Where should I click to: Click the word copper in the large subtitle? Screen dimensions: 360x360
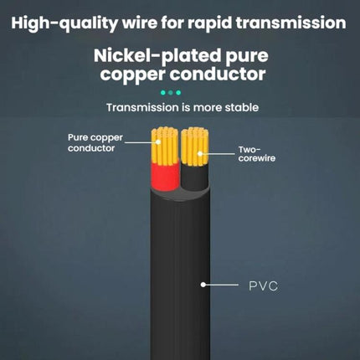click(133, 75)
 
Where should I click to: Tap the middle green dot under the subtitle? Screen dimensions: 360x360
click(171, 93)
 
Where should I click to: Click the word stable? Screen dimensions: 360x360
click(242, 107)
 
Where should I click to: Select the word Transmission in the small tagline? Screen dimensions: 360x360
click(142, 107)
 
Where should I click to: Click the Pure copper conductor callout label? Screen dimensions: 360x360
click(95, 143)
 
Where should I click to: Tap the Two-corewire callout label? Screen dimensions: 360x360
click(257, 154)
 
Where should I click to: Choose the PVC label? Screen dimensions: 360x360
click(263, 286)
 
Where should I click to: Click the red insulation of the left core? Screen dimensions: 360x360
click(165, 177)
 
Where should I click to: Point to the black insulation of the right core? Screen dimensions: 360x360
click(195, 177)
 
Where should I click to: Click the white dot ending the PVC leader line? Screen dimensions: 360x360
click(203, 285)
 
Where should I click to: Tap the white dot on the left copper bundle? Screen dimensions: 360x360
click(158, 142)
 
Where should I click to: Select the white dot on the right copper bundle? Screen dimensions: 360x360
click(200, 153)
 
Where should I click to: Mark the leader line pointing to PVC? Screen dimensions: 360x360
click(221, 285)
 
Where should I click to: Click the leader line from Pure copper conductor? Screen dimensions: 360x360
click(141, 142)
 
